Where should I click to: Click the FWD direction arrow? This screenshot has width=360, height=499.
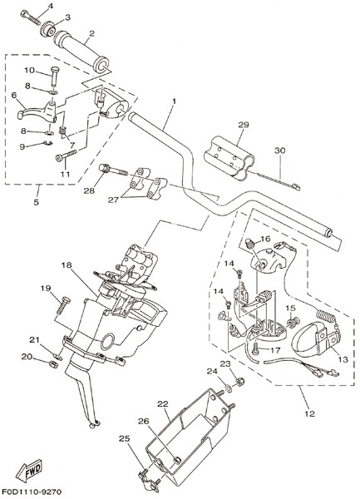(29, 471)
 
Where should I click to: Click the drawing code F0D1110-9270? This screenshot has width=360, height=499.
(32, 492)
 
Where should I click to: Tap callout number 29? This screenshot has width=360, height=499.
(244, 125)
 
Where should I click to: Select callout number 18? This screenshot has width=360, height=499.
(67, 265)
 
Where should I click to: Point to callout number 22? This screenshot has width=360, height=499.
(162, 404)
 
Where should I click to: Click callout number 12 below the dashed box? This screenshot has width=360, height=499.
(309, 413)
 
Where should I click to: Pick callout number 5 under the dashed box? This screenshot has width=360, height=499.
(36, 202)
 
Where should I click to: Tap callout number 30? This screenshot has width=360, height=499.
(280, 151)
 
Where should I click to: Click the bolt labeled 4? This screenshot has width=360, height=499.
(30, 17)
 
